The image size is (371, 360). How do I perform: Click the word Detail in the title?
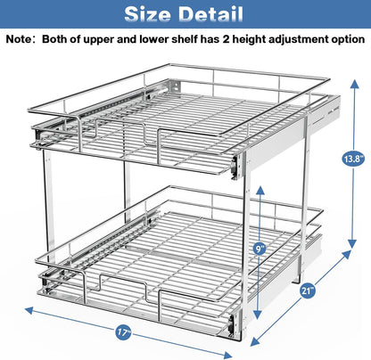tap(213, 14)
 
